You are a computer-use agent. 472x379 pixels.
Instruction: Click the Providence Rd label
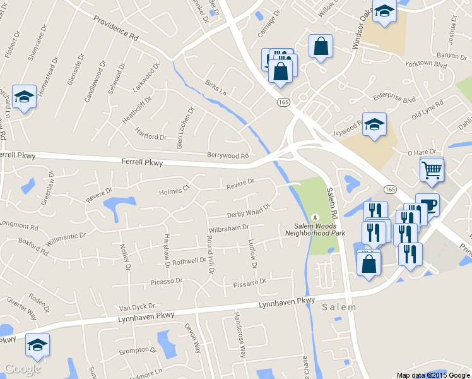point(115,28)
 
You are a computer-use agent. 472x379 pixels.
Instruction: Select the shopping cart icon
point(432,169)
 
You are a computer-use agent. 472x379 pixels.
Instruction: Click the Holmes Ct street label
point(174,190)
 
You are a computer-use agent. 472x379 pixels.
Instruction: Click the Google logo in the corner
point(23,369)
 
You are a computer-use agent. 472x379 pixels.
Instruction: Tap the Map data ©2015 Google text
point(433,375)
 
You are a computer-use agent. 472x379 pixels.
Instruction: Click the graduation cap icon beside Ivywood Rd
point(374,124)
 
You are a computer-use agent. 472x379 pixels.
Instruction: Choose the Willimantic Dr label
point(66,238)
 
